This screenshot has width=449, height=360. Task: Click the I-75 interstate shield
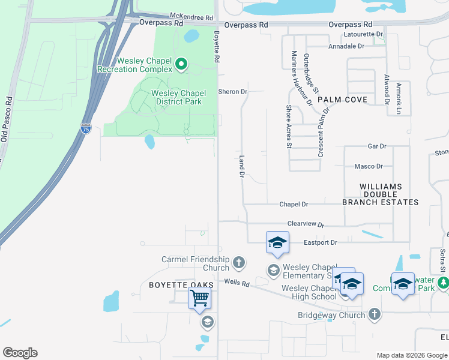[86, 129]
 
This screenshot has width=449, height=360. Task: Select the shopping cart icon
[199, 297]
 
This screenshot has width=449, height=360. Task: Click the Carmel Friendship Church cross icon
[239, 262]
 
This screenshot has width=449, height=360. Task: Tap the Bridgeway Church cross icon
[374, 314]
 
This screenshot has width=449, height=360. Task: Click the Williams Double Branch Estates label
[381, 194]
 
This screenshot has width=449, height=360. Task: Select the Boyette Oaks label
[174, 286]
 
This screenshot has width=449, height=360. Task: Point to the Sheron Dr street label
[232, 92]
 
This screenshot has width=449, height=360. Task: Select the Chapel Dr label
[294, 205]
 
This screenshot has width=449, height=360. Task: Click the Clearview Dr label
[306, 224]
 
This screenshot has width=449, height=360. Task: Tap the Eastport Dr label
[321, 242]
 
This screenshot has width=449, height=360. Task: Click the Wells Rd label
[237, 282]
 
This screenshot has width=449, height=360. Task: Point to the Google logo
[20, 353]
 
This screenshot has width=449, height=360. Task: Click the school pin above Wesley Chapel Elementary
[277, 242]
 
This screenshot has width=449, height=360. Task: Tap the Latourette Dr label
[363, 34]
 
